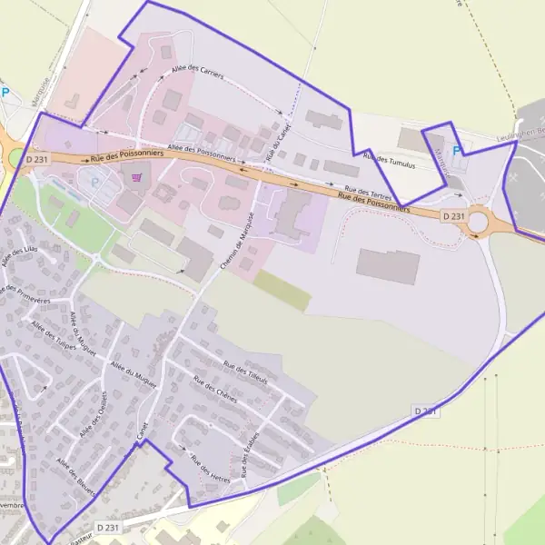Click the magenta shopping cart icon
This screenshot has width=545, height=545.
136,177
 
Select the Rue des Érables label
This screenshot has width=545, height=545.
252,452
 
